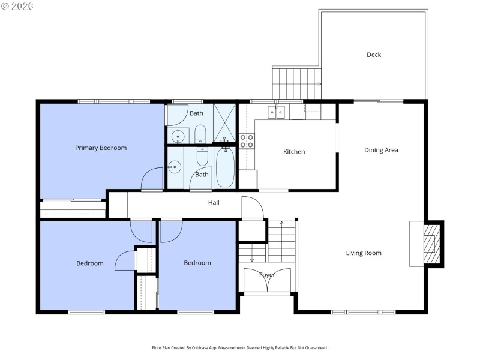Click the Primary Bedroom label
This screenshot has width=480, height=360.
tap(101, 148)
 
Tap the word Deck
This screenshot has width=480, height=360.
tap(374, 55)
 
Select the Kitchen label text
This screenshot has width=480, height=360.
tap(294, 152)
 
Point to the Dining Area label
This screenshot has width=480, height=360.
tap(381, 150)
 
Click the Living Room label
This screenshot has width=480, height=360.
tap(364, 253)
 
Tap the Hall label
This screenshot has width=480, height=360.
tap(214, 203)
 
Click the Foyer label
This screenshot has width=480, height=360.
tap(267, 275)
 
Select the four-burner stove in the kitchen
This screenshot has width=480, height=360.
tap(247, 141)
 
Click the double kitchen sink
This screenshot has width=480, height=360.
tap(277, 112)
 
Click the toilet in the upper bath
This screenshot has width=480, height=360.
tap(200, 133)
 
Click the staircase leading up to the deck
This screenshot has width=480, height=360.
tap(296, 84)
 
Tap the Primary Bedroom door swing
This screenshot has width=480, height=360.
tap(152, 179)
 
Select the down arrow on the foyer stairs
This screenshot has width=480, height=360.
tap(252, 259)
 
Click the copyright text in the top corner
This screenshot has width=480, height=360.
tap(17, 6)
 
